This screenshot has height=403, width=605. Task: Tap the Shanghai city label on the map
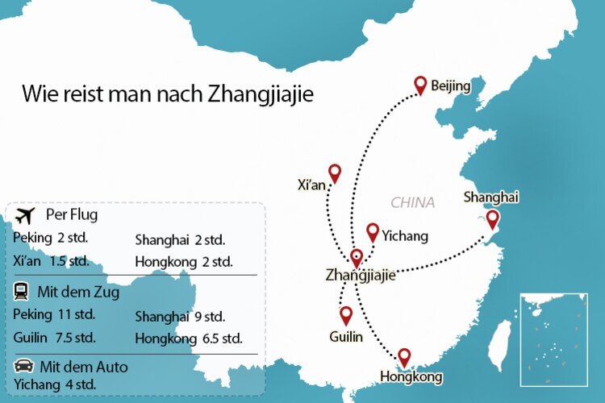(x=490, y=197)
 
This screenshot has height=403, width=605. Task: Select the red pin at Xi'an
(x=335, y=173)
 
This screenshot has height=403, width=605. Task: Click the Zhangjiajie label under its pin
(x=361, y=275)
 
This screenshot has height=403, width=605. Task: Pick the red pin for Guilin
(x=346, y=315)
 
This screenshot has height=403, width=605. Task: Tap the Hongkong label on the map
(x=411, y=376)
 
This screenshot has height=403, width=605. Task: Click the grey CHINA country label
(x=412, y=202)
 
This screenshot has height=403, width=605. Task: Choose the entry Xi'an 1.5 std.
(x=51, y=261)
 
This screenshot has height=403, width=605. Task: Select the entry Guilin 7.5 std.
(x=55, y=337)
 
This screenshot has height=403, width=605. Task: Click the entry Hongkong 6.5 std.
(x=189, y=338)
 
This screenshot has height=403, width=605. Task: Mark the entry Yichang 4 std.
(x=55, y=384)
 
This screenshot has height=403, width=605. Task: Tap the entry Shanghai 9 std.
(x=180, y=316)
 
